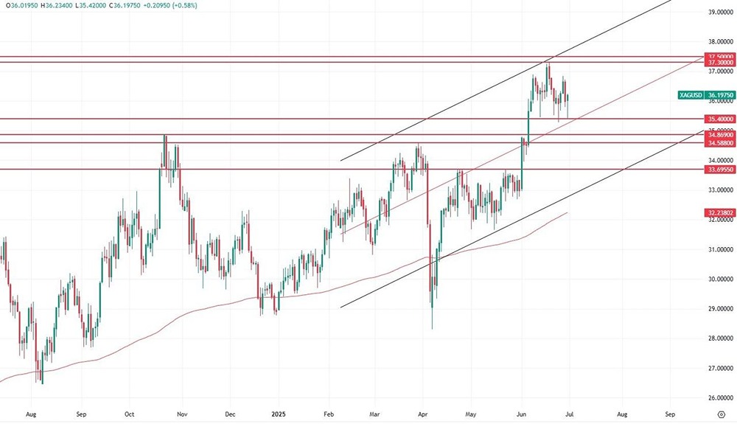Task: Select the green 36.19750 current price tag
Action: [720, 95]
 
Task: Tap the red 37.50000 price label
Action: [720, 57]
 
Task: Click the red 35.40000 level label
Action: [720, 119]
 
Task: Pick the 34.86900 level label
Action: [720, 135]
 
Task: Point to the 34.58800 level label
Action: [720, 143]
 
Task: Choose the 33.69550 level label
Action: [720, 170]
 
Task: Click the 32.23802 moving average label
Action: [720, 212]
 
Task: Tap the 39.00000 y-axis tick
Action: [720, 13]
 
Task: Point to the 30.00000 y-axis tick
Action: [720, 279]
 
